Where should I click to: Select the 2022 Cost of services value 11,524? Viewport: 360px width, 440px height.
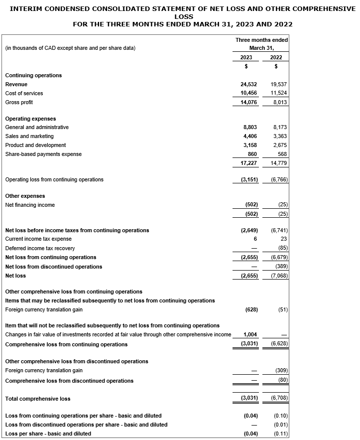pos(278,93)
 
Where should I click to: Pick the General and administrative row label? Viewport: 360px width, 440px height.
pos(37,127)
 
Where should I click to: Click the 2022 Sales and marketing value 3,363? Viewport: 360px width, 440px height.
pos(279,136)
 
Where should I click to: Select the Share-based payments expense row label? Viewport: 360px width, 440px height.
pos(43,154)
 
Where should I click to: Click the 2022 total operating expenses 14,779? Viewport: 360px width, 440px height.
pos(278,163)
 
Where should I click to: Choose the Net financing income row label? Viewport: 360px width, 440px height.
pos(30,205)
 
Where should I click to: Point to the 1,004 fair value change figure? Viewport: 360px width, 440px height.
pos(250,335)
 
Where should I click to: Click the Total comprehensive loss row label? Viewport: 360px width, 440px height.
pos(38,399)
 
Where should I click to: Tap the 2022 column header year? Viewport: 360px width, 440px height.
pos(276,57)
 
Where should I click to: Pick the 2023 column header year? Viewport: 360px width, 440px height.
pos(246,57)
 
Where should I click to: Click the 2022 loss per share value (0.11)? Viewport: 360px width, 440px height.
pos(280,434)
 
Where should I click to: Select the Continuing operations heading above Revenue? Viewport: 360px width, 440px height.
pos(33,75)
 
